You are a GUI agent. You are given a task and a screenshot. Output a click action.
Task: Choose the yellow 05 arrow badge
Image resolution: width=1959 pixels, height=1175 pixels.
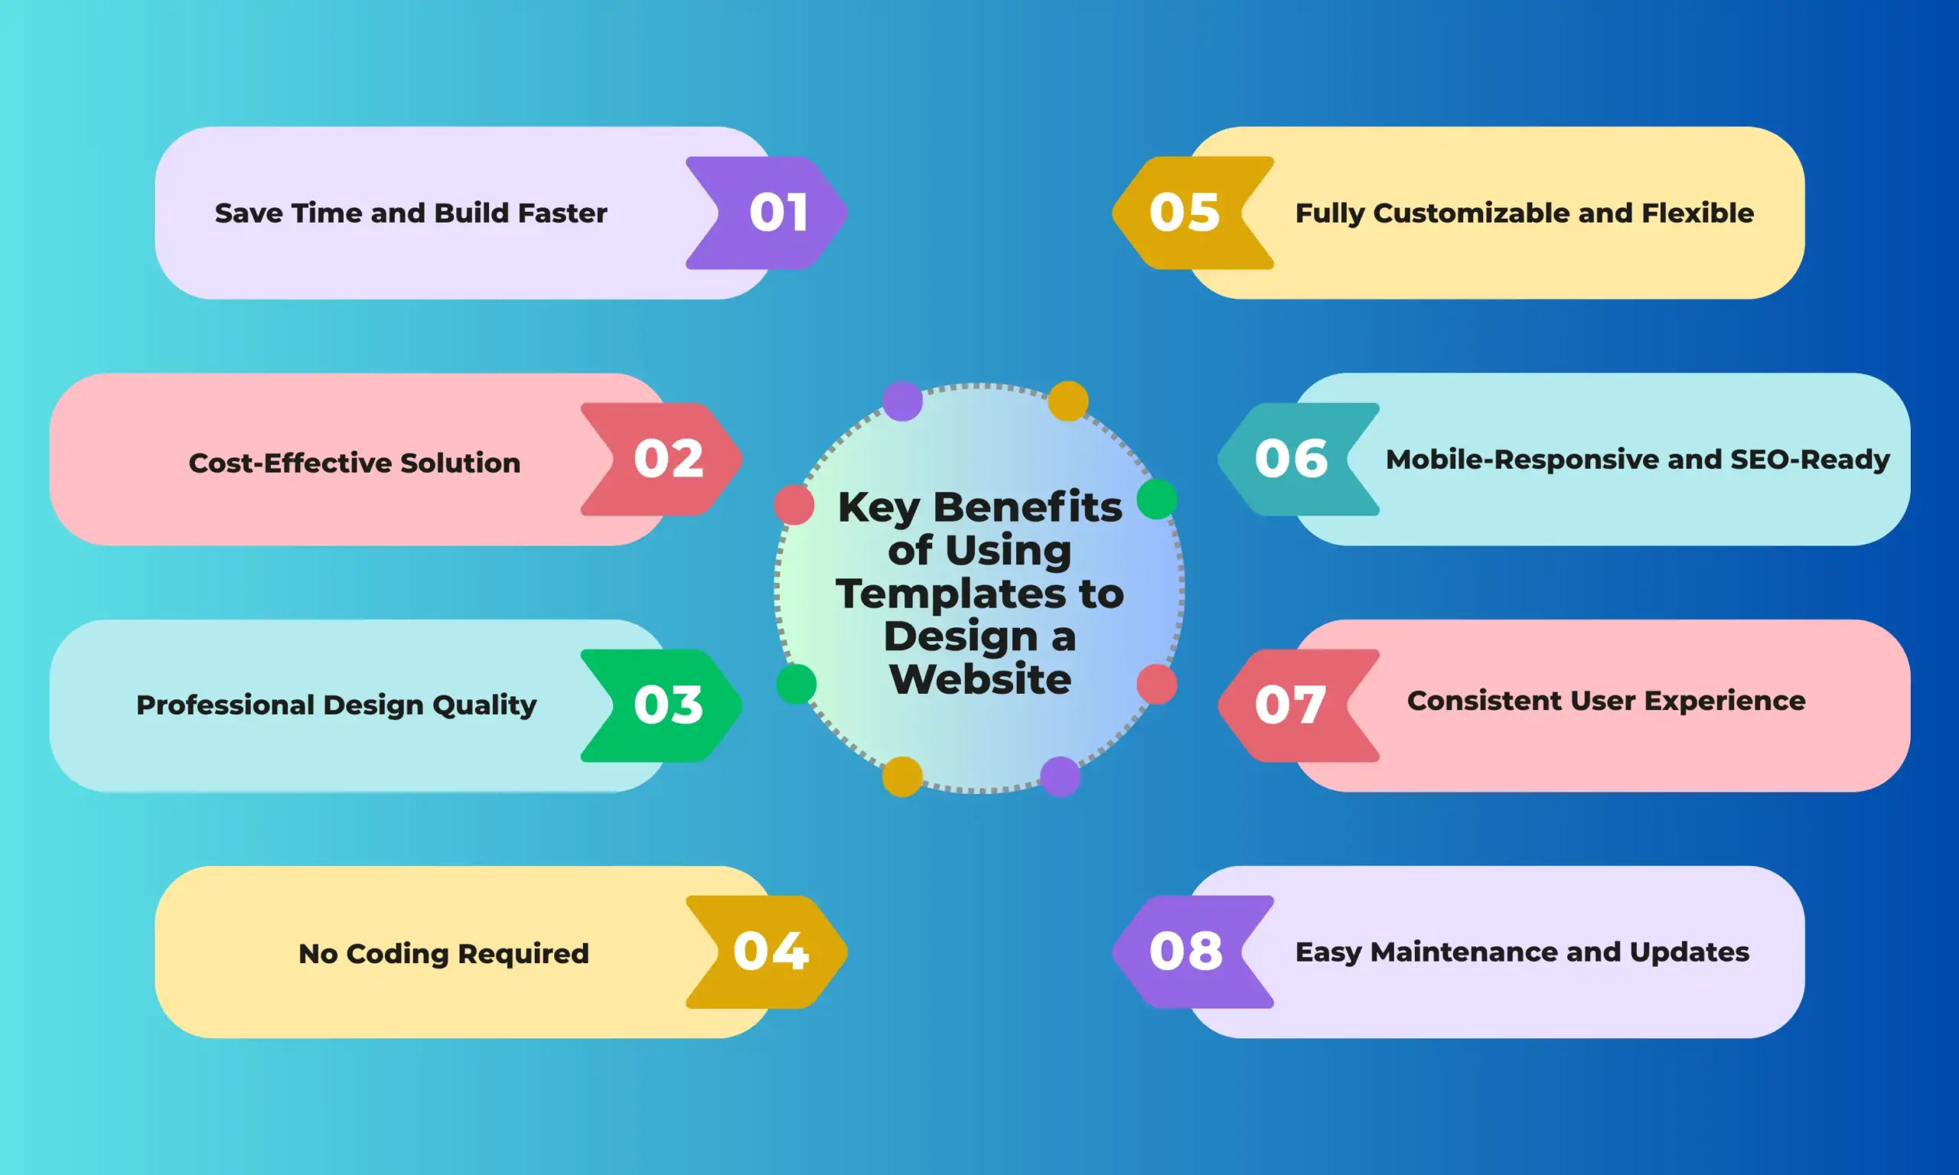[1192, 212]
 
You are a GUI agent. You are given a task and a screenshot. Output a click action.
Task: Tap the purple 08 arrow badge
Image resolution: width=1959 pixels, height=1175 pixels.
[1192, 952]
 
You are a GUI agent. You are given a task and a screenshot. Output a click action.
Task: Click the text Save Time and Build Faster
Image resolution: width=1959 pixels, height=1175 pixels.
[411, 213]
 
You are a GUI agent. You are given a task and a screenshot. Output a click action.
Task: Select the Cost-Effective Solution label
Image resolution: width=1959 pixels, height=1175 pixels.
[354, 462]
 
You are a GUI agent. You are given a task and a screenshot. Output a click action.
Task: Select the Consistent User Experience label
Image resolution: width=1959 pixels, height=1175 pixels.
[1605, 701]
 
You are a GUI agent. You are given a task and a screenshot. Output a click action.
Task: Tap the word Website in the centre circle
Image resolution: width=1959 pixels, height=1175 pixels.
[980, 679]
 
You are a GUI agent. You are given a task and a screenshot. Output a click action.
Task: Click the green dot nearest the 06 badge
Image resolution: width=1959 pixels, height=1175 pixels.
[1156, 499]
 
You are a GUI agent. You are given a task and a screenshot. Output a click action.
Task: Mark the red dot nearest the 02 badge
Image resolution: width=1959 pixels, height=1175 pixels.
[794, 505]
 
